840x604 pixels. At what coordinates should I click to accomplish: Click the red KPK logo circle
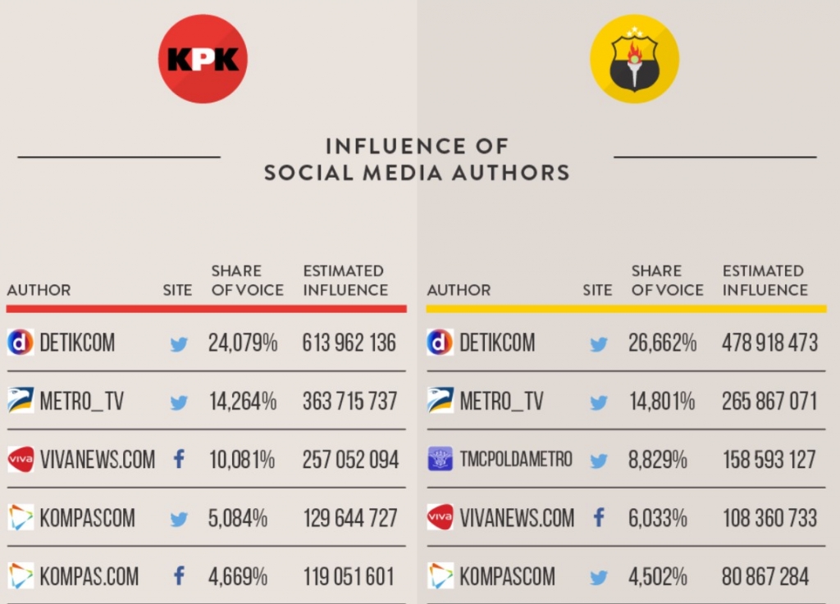[203, 59]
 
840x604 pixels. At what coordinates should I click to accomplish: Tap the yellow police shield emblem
[634, 59]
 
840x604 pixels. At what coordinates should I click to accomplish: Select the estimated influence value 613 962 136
[349, 343]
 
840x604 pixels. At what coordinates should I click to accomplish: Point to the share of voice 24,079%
[243, 343]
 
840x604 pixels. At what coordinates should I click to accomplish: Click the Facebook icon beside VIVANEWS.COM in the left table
[179, 460]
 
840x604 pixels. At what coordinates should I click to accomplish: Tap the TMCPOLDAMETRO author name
[516, 460]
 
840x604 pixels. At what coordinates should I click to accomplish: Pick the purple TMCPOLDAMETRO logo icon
[441, 460]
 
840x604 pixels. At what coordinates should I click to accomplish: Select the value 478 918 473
[769, 343]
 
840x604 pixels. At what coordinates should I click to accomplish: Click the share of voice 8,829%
[658, 460]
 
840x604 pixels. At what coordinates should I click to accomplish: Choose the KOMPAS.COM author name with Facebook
[89, 577]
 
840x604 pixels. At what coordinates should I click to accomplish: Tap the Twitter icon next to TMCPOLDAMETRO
[599, 461]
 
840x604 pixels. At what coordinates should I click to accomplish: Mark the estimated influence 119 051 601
[349, 577]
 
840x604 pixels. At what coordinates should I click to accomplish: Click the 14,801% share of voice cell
[661, 402]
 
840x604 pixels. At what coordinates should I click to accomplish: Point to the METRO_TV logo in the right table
[441, 401]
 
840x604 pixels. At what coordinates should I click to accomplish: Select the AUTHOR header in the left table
[39, 290]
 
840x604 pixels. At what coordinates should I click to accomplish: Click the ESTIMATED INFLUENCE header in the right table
[765, 280]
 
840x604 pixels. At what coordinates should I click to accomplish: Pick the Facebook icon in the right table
[599, 518]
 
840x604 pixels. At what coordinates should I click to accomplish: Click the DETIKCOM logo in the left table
[21, 343]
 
